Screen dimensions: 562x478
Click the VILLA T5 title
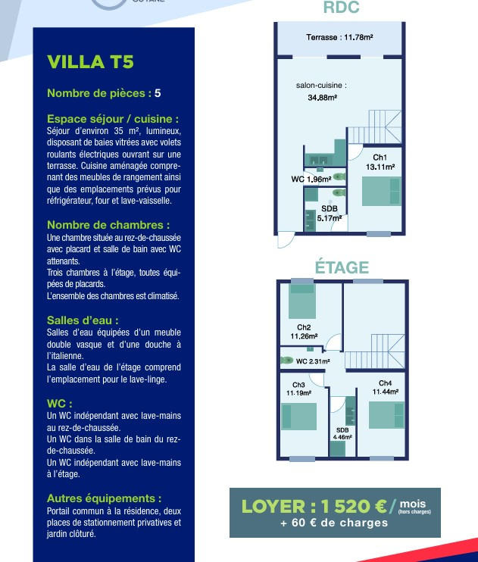tap(90, 62)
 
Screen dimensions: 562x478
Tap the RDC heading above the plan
tap(341, 8)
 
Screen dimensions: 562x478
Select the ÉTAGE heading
tap(342, 267)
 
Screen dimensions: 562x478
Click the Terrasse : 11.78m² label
tap(339, 36)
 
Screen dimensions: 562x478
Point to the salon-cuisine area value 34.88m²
tap(322, 98)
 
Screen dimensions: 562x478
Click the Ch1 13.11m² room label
tap(380, 161)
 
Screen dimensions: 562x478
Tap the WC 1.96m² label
tap(311, 180)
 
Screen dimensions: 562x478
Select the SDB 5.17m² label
tap(329, 213)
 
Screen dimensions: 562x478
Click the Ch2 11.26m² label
tap(303, 332)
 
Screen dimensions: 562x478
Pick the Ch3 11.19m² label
tap(298, 389)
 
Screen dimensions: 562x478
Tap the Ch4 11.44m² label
tap(385, 387)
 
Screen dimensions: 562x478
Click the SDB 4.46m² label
tap(342, 433)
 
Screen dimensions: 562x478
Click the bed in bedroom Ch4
tap(386, 417)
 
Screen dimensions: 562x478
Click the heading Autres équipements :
tap(104, 498)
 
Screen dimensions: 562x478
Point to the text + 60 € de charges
tap(334, 523)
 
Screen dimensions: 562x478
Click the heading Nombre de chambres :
tap(108, 225)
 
